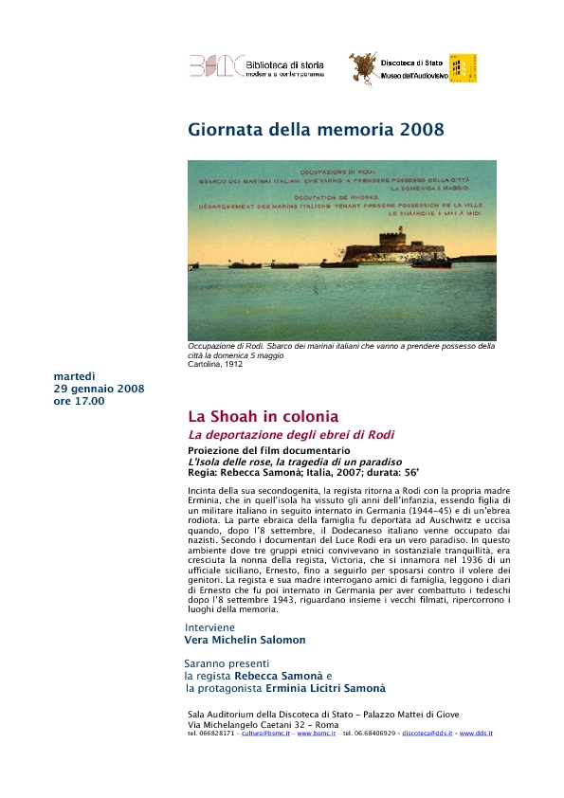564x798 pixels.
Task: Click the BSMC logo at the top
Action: point(215,64)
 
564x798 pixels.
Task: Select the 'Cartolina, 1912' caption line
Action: point(215,364)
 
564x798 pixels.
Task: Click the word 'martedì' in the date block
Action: point(75,377)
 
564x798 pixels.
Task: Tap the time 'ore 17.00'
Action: point(80,401)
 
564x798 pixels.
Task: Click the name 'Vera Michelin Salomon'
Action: point(245,640)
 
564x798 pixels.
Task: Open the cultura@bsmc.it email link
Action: point(265,734)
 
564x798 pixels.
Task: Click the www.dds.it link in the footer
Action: point(477,734)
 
